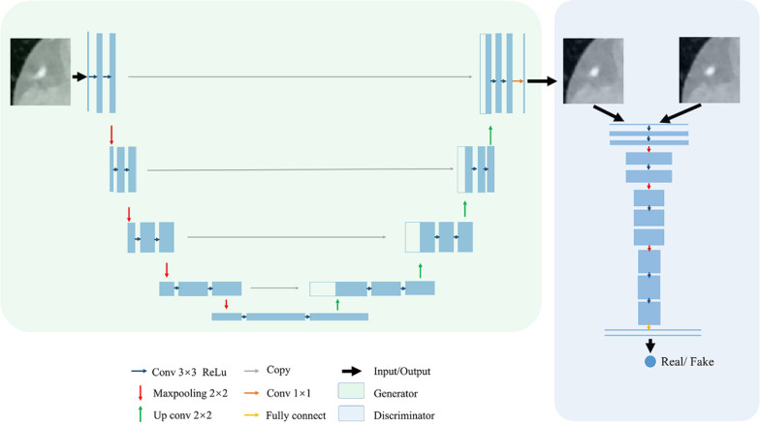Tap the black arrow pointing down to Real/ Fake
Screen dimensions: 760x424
[x=650, y=345]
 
